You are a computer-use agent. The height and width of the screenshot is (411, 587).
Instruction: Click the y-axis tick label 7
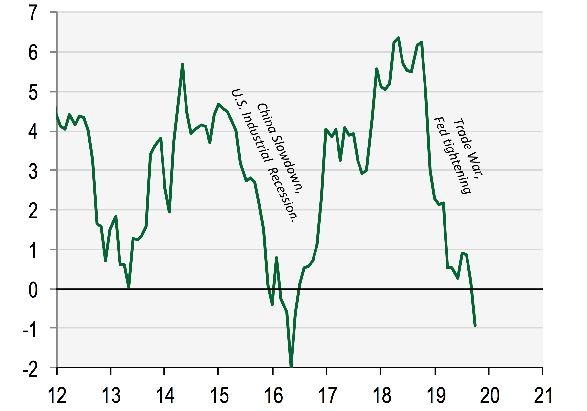pyautogui.click(x=33, y=13)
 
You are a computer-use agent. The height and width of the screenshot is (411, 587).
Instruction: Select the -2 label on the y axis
pyautogui.click(x=30, y=370)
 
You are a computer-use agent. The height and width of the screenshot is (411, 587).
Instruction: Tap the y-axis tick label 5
pyautogui.click(x=33, y=93)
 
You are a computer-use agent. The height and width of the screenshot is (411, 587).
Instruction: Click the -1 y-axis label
pyautogui.click(x=30, y=330)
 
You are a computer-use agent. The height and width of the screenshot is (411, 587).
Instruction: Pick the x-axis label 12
pyautogui.click(x=57, y=395)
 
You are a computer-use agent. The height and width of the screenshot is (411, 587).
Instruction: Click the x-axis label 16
pyautogui.click(x=273, y=395)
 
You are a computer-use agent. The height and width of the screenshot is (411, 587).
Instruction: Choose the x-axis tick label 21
pyautogui.click(x=543, y=395)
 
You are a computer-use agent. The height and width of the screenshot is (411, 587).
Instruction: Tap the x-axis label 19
pyautogui.click(x=436, y=395)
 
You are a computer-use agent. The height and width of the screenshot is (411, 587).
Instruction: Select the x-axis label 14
pyautogui.click(x=165, y=395)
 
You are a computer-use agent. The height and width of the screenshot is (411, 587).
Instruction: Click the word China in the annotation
pyautogui.click(x=266, y=119)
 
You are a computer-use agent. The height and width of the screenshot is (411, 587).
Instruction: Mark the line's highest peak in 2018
pyautogui.click(x=398, y=38)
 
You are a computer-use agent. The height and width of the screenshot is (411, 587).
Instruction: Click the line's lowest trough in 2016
pyautogui.click(x=291, y=366)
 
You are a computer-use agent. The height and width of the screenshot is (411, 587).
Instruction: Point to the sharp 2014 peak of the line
pyautogui.click(x=182, y=64)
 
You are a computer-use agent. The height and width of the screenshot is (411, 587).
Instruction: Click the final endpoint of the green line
pyautogui.click(x=475, y=326)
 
